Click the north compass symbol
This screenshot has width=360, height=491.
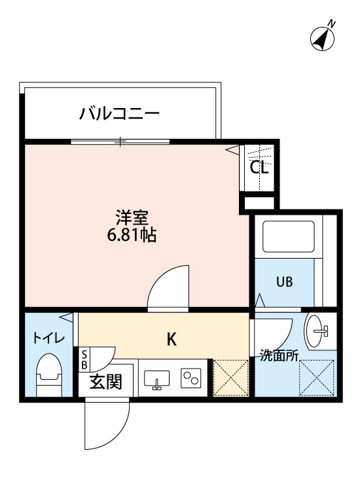[322, 38]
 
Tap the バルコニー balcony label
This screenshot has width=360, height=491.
[120, 114]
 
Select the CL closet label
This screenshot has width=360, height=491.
[259, 167]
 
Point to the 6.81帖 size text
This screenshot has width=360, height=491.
[131, 236]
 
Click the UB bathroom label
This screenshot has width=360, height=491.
[284, 283]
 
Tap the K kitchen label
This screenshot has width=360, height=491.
[171, 339]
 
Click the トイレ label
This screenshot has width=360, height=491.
[48, 338]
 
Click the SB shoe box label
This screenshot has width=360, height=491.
[84, 359]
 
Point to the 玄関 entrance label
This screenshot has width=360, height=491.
[105, 383]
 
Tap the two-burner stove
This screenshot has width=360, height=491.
[192, 378]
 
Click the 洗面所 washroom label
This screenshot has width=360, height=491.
[279, 357]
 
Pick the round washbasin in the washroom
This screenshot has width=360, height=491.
[319, 329]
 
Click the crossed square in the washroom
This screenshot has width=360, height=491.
[317, 378]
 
